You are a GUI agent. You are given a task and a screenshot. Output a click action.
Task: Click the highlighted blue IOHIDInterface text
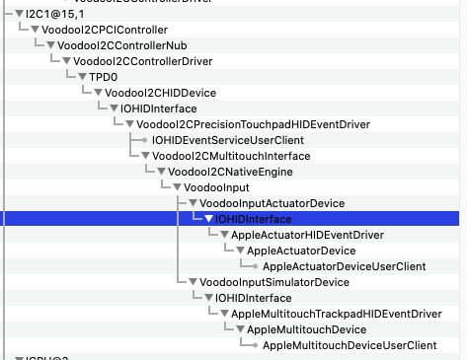point(255,218)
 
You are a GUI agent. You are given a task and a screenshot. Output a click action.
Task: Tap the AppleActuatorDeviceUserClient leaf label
point(344,266)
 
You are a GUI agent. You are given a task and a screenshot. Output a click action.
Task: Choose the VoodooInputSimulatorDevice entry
point(274,282)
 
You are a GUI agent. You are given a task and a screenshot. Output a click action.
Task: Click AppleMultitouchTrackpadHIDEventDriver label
point(336,314)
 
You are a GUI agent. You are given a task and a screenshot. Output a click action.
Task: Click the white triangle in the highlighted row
point(208,219)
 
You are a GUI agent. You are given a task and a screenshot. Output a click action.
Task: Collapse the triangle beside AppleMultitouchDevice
point(240,329)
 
